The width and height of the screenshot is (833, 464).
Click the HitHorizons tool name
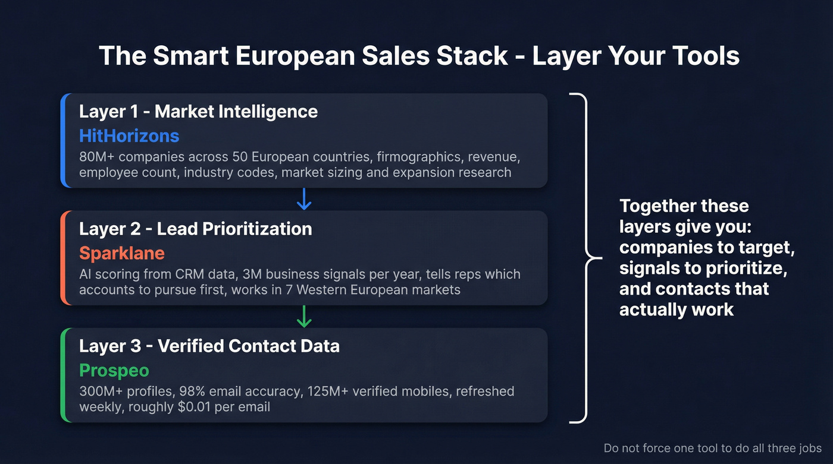(x=129, y=136)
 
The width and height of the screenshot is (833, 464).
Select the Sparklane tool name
(x=121, y=253)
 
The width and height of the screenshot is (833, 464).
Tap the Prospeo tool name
(x=114, y=371)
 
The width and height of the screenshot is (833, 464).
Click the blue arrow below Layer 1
(x=304, y=199)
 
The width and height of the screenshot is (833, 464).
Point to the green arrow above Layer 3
(x=304, y=317)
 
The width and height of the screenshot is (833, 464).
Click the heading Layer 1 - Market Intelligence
(x=198, y=111)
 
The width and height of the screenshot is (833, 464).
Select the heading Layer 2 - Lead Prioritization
(x=195, y=229)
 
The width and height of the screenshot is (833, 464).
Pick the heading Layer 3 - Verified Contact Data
(x=209, y=346)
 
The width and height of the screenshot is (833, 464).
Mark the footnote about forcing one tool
(x=712, y=449)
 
